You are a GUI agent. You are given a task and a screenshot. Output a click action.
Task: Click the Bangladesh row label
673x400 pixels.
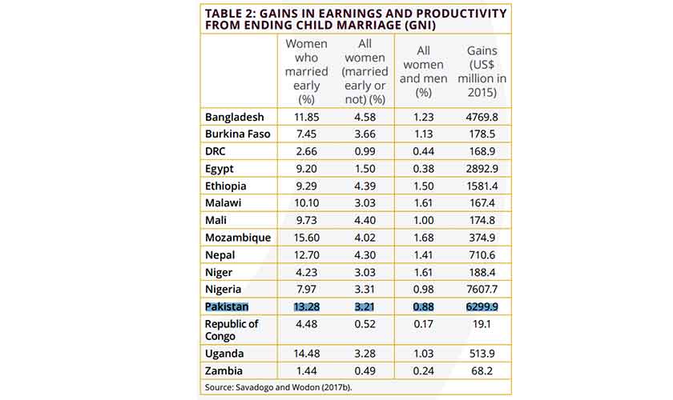(x=234, y=118)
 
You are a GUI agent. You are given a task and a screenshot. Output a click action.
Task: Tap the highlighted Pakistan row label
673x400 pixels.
(x=228, y=307)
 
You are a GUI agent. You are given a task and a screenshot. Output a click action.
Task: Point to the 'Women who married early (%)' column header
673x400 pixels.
(x=307, y=71)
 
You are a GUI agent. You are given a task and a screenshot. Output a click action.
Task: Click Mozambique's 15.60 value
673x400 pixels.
(x=307, y=238)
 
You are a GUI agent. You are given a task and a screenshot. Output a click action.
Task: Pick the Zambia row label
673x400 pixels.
(x=224, y=371)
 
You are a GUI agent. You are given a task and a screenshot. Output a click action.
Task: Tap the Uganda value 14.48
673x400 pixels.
(x=307, y=354)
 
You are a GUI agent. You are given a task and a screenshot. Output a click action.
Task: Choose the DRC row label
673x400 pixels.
(x=217, y=152)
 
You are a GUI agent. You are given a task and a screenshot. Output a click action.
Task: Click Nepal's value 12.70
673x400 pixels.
(x=307, y=255)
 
